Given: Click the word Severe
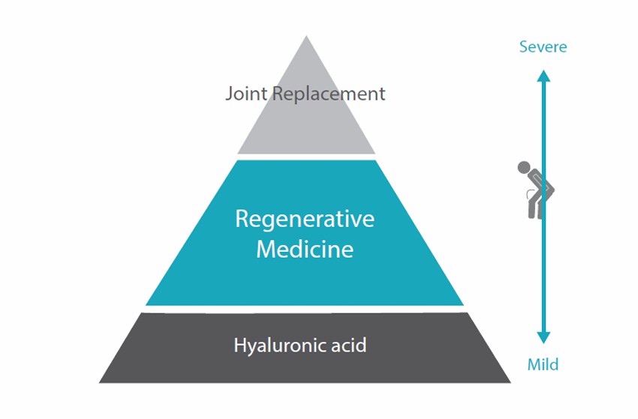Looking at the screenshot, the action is point(543,46).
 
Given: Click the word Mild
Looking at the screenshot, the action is point(543,364).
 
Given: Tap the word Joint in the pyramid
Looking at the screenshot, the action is point(247,94).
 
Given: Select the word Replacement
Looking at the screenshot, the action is point(328,94).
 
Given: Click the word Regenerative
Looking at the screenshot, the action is point(305,220).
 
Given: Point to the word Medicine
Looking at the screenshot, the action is point(305,249).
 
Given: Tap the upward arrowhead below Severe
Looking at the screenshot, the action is point(543,76).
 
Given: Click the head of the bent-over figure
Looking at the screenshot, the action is point(524,167).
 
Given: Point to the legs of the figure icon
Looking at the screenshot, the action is point(535,208).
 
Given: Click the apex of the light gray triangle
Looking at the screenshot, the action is point(306,36).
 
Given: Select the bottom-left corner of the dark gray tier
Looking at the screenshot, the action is point(99,382).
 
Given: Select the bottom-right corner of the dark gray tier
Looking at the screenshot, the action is point(510,382).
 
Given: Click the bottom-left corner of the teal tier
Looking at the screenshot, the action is point(146,305).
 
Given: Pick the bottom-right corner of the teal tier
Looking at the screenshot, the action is point(463,305).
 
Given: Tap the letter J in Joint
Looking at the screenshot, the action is point(229,94).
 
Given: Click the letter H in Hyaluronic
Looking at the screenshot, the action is point(240,345).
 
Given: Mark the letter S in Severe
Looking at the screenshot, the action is point(524,47).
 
